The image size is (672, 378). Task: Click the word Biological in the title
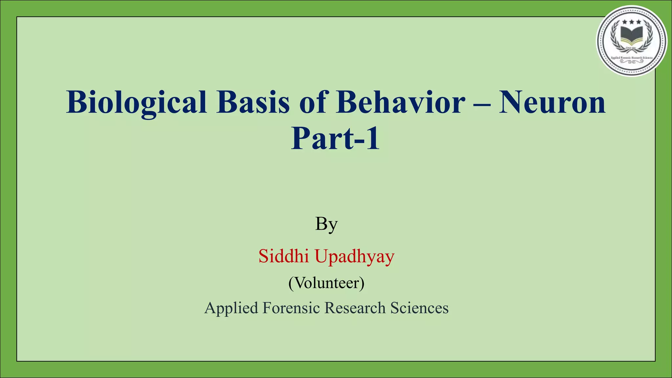click(136, 102)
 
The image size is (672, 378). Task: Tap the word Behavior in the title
click(401, 102)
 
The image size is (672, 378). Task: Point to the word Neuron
click(552, 102)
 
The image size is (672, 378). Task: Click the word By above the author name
click(326, 224)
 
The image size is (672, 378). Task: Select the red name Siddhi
click(283, 256)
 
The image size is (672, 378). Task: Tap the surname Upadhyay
click(354, 257)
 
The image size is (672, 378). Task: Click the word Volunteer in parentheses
click(326, 283)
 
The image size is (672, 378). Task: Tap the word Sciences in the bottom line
click(419, 308)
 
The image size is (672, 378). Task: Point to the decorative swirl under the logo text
click(632, 61)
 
